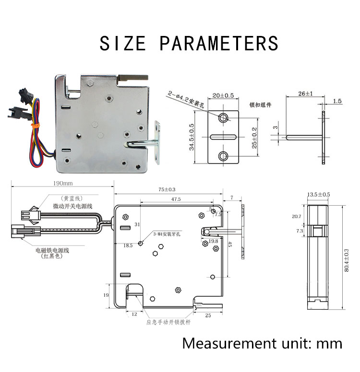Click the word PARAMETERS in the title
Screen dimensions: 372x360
coord(219,43)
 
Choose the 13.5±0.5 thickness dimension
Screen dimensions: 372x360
coord(318,194)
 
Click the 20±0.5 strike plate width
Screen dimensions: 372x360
coord(224,95)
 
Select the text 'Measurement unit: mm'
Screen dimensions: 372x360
coord(262,343)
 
